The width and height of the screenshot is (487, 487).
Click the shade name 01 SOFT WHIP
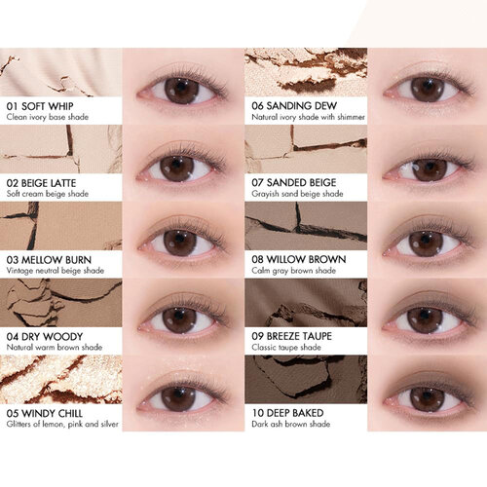coord(40,106)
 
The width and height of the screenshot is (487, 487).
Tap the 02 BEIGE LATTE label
coord(41,183)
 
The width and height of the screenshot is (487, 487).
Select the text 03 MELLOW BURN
coord(49,260)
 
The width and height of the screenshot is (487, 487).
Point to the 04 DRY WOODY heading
coord(45,337)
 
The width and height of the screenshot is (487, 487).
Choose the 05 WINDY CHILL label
coord(45,413)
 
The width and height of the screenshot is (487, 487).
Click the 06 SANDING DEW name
coord(294,105)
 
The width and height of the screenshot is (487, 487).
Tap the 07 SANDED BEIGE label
coord(294,182)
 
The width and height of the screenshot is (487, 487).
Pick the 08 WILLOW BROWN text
coord(299,259)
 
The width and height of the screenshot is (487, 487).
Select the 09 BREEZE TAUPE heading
coord(292,336)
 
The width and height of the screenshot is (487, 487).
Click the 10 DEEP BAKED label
coord(287,413)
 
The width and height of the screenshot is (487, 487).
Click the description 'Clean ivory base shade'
coord(48,117)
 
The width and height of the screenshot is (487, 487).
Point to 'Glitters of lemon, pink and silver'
coord(62,424)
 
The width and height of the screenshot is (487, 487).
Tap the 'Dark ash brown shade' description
coord(291,424)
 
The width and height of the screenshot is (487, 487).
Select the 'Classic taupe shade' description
coord(286,347)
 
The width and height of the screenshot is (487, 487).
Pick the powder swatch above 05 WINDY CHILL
coord(61,379)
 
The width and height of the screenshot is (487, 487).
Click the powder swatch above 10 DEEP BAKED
coord(306,379)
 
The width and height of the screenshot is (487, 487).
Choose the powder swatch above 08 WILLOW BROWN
coord(306,226)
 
